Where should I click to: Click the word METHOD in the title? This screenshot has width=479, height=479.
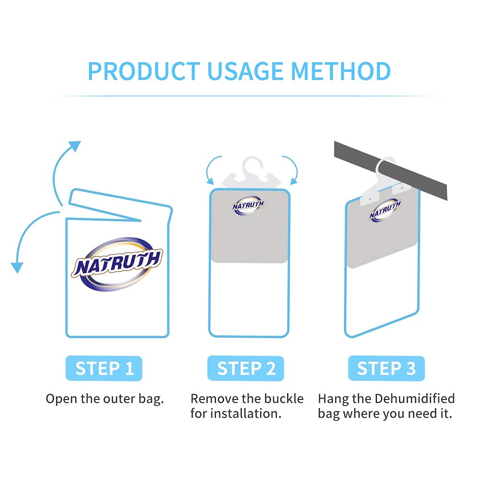pyautogui.click(x=342, y=71)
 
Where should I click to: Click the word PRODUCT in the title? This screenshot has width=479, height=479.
pyautogui.click(x=143, y=71)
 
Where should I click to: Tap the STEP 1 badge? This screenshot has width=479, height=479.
pyautogui.click(x=104, y=368)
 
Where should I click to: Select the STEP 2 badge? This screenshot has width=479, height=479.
pyautogui.click(x=246, y=368)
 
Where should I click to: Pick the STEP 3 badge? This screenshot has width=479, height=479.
pyautogui.click(x=386, y=368)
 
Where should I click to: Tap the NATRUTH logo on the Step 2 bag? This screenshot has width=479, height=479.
pyautogui.click(x=248, y=205)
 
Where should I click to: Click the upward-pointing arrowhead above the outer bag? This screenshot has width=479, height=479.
pyautogui.click(x=74, y=147)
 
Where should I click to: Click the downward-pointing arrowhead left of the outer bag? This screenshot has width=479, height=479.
pyautogui.click(x=17, y=266)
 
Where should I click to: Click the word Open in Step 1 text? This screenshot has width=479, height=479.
pyautogui.click(x=60, y=399)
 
